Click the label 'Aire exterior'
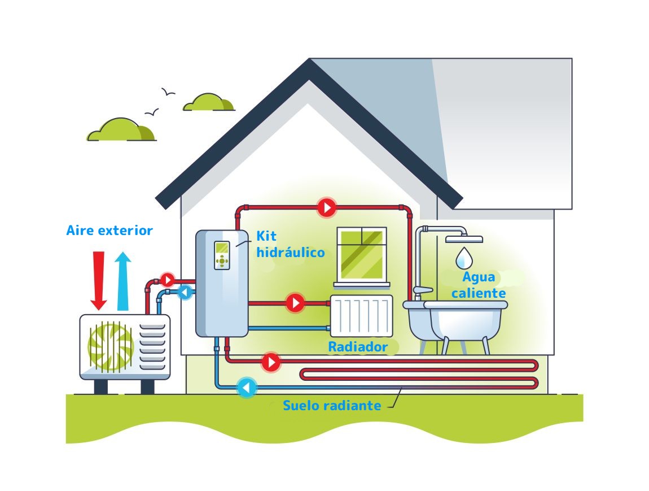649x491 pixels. click(109, 231)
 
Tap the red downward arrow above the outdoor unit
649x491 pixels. click(99, 280)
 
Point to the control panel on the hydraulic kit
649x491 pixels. click(222, 255)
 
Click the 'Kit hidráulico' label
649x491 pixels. click(291, 244)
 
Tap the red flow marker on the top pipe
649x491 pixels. click(327, 207)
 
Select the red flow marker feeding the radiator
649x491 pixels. click(295, 303)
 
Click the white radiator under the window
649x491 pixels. click(361, 316)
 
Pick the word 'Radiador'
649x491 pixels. click(358, 347)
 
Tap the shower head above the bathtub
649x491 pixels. click(464, 239)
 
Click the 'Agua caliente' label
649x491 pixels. click(479, 285)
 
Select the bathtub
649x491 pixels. click(455, 325)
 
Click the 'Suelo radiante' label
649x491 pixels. click(332, 405)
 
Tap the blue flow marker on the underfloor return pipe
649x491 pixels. click(247, 388)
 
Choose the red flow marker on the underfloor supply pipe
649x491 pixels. click(271, 362)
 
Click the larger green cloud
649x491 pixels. click(121, 130)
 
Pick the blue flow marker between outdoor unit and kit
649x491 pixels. click(185, 293)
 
